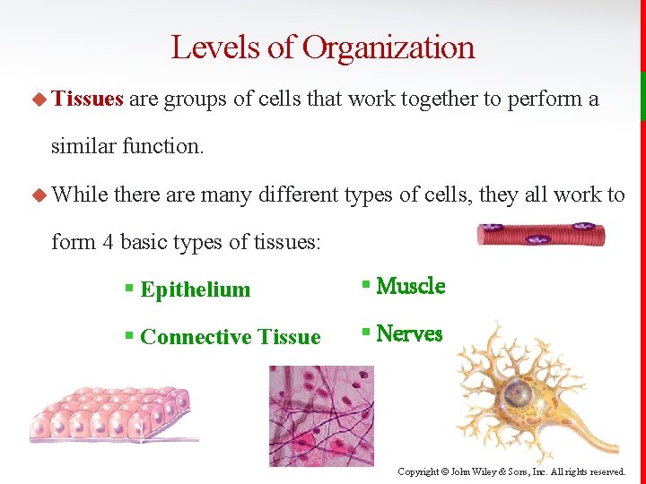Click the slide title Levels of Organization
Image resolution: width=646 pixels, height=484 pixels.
pos(322,47)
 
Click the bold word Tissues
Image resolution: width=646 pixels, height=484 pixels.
pos(87,99)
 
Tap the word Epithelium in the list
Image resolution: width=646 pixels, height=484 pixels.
pos(195,290)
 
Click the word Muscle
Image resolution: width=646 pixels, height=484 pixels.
pos(410,286)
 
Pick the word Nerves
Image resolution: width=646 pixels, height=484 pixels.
pos(409,333)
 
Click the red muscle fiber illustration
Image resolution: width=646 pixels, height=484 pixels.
pos(540,236)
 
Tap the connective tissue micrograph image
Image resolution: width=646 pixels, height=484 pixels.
pos(321,416)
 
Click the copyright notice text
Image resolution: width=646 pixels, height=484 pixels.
pos(511,471)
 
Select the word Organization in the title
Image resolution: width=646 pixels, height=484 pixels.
pos(388,47)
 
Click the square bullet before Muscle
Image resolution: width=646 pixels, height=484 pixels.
pos(366,286)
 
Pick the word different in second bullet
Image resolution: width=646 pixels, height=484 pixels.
pos(301,194)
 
